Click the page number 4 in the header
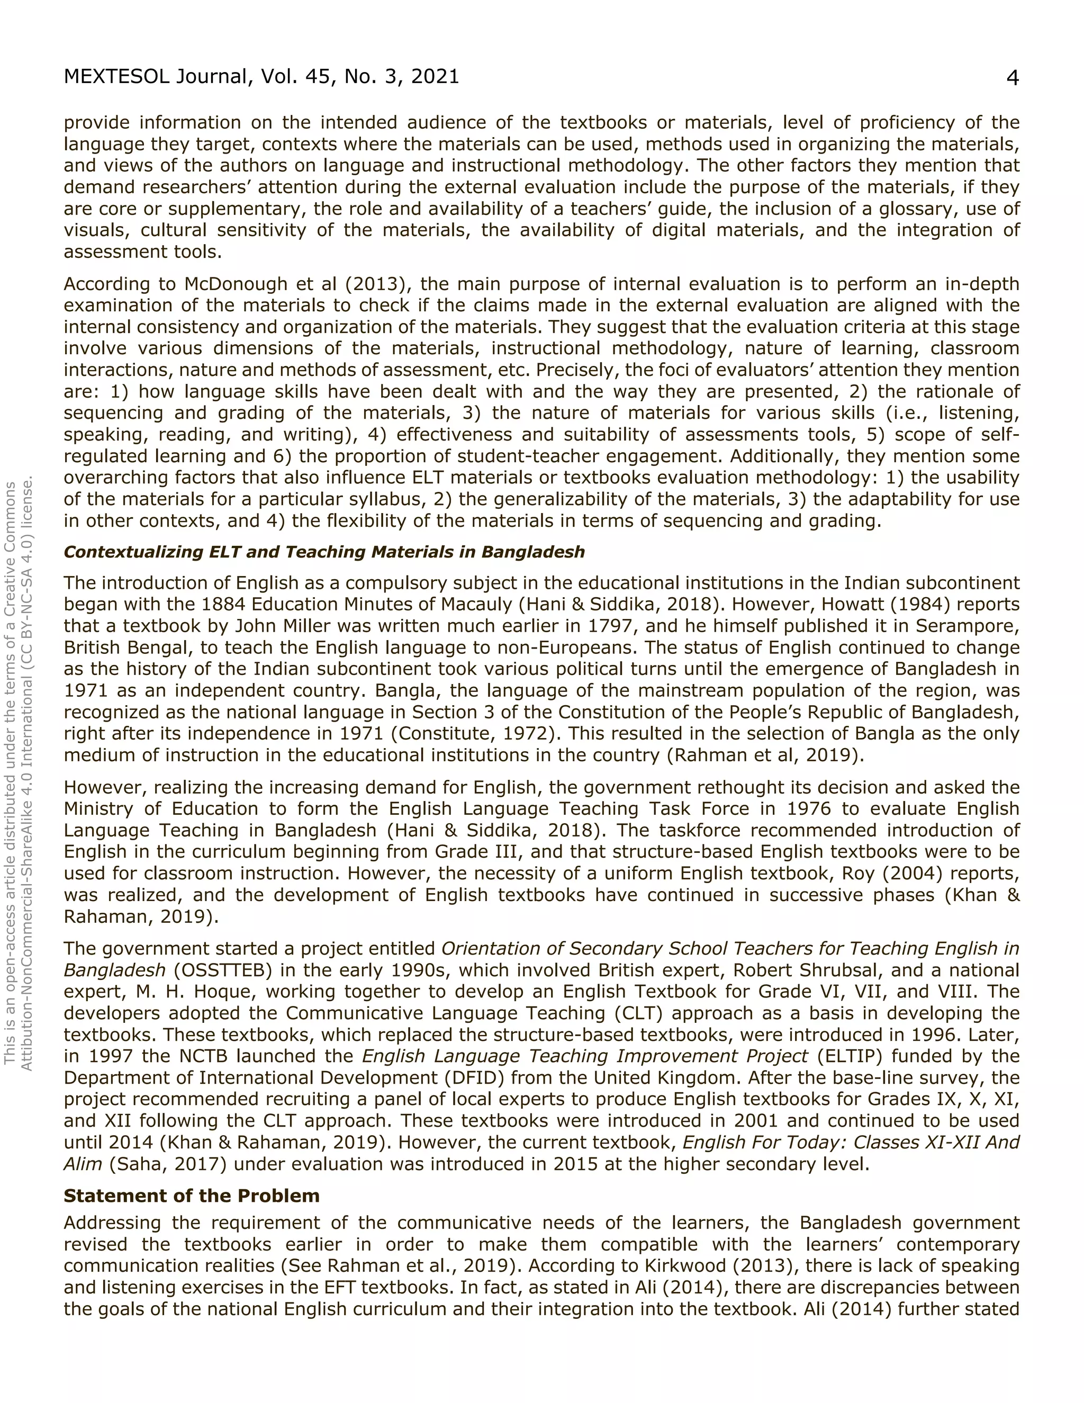coord(1012,78)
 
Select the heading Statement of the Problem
coord(192,1195)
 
